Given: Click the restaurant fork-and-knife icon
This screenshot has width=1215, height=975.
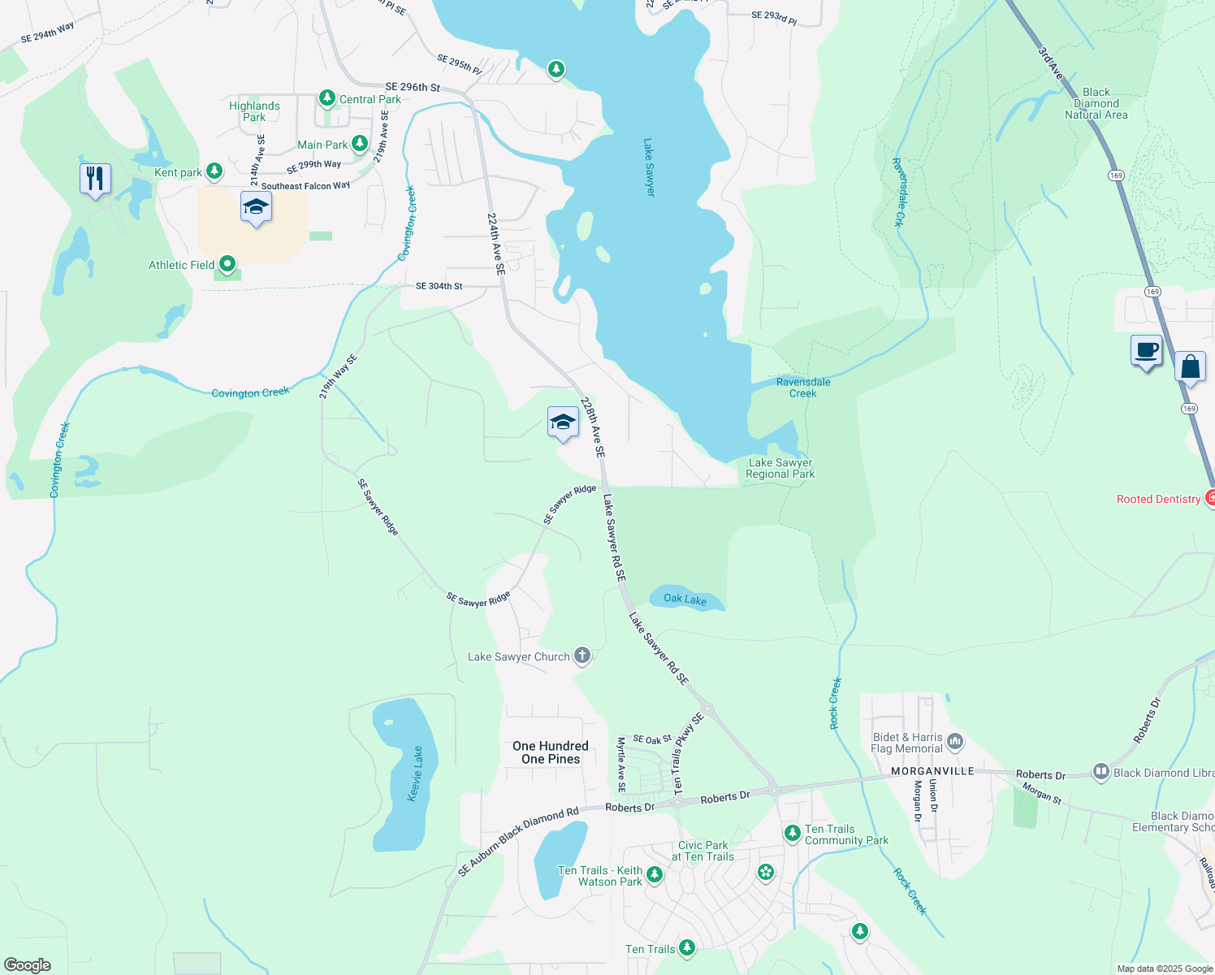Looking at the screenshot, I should tap(95, 179).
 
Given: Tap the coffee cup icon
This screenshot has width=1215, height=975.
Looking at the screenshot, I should tap(1146, 351).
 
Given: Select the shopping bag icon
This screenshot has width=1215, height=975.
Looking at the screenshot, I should tap(1190, 366).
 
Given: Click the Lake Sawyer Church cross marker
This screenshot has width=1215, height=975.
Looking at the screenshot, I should tap(582, 656).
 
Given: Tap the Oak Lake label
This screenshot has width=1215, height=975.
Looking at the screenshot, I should tap(685, 599).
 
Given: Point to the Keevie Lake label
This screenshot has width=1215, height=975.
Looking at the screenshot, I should tap(415, 773).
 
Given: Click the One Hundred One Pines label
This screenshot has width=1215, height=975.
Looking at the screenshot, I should tap(551, 752).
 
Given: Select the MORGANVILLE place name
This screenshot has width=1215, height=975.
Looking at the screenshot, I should tap(932, 771).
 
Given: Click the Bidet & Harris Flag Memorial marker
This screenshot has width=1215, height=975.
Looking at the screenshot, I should tap(955, 741).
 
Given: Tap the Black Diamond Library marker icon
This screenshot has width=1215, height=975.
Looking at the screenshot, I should tap(1100, 772).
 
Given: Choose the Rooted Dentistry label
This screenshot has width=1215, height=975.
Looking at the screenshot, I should tap(1158, 499).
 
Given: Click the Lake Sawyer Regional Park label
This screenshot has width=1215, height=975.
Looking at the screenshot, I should tap(780, 468).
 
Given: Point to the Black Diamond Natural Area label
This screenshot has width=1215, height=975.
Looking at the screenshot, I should tap(1096, 104).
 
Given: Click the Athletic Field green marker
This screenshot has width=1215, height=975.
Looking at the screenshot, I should tap(227, 264).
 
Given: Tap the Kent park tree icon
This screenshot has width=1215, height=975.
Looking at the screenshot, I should tap(214, 171).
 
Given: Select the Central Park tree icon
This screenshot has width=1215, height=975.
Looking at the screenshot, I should tap(326, 98).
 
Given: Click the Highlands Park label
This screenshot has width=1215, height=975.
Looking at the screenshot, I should tap(254, 111).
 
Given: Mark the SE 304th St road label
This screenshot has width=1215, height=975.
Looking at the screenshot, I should tap(439, 286).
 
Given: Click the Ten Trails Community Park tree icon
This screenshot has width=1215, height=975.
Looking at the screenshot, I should tap(792, 833).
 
